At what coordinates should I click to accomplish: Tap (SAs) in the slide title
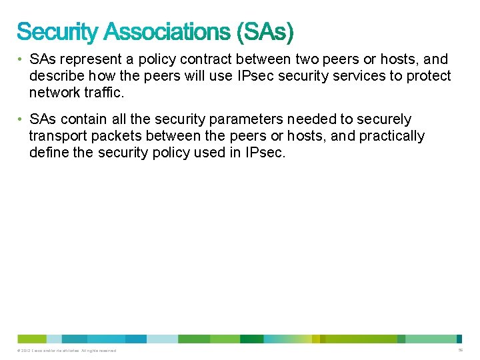coord(263,31)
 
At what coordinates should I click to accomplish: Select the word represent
coord(93,59)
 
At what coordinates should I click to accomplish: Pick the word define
coord(48,153)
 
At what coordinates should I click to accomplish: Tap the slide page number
coord(461,350)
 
